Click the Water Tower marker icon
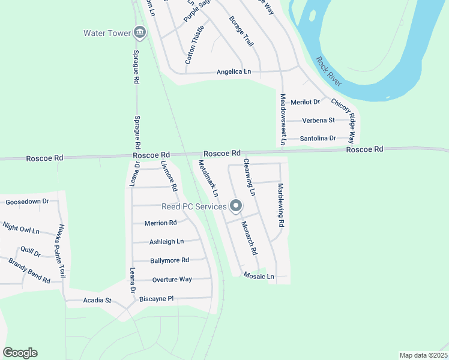(140, 32)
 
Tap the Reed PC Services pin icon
(236, 206)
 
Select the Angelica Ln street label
(234, 72)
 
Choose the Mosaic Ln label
(259, 277)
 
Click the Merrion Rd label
(160, 223)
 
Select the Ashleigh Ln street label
(166, 242)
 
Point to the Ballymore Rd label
(170, 260)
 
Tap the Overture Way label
(172, 280)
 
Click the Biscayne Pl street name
(156, 298)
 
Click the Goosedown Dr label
(27, 202)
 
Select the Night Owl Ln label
(21, 229)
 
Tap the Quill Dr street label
(30, 253)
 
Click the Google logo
(20, 353)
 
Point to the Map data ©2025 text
(423, 355)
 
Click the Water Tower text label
(107, 33)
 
